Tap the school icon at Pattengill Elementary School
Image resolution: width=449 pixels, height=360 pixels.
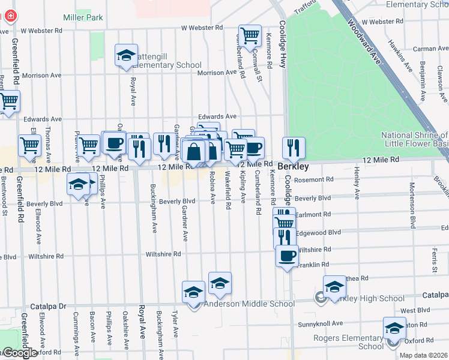(127, 56)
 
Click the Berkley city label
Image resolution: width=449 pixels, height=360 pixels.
(294, 166)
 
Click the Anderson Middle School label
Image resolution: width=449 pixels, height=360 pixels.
(249, 304)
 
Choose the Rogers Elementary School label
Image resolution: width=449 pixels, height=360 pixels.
(348, 342)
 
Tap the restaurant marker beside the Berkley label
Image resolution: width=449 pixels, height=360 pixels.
(294, 148)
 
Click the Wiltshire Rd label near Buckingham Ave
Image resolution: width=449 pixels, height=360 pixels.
(163, 254)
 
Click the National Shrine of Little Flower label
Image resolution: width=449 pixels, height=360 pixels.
(414, 139)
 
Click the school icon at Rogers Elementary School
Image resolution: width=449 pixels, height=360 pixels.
(394, 329)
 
